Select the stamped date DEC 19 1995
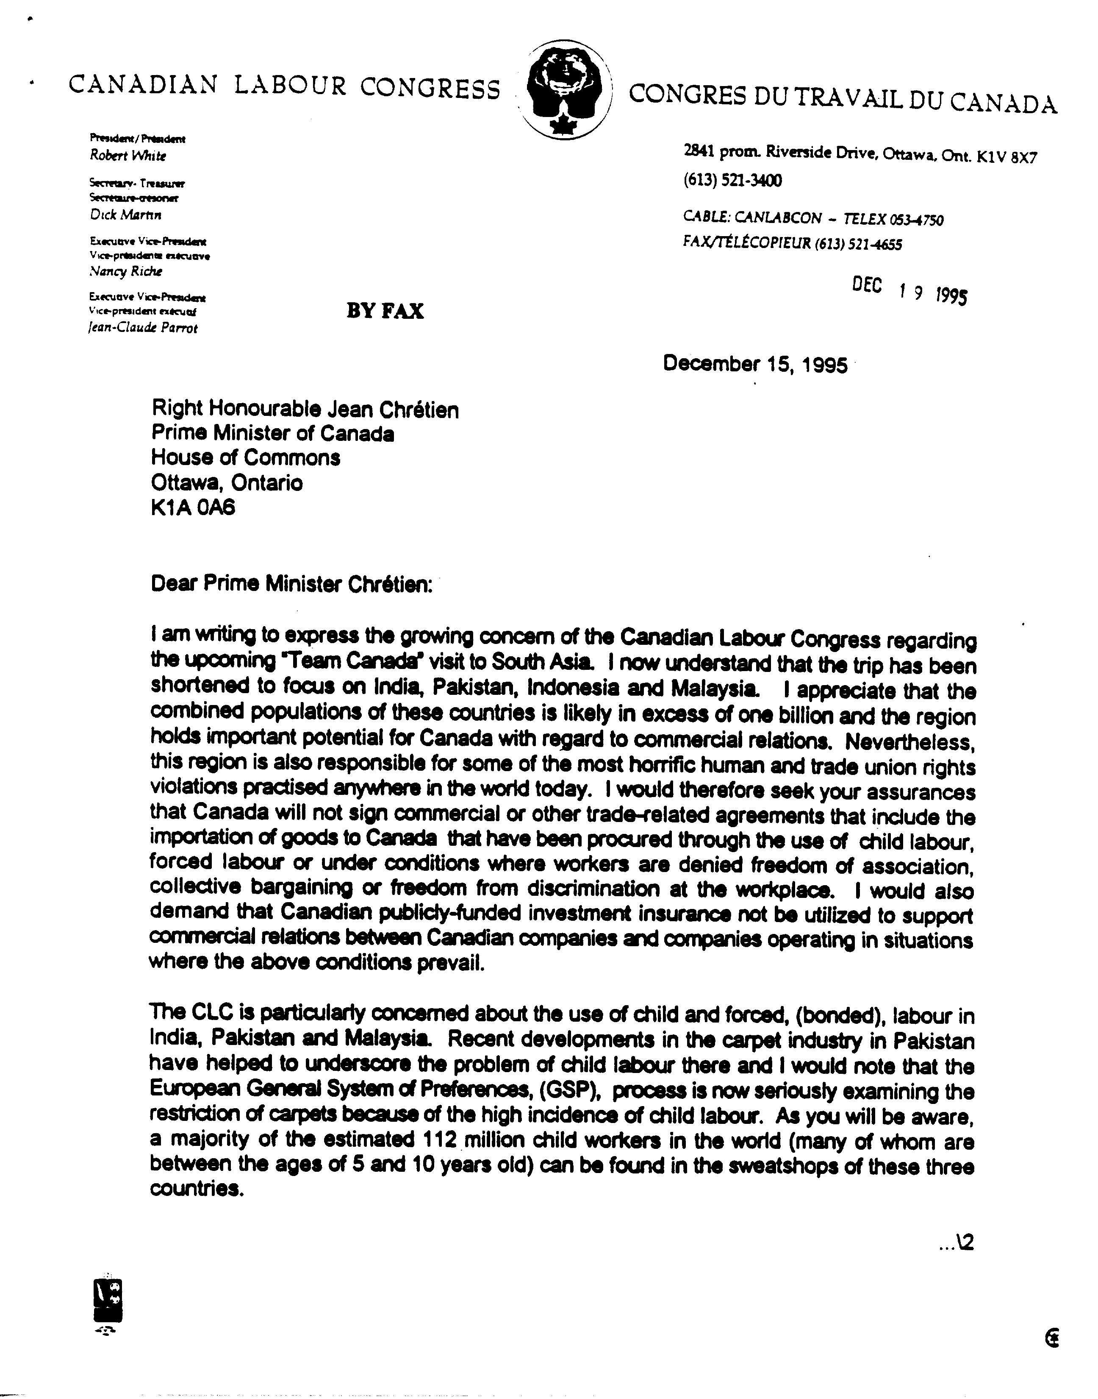point(909,291)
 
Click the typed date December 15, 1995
point(755,364)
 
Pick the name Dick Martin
point(125,215)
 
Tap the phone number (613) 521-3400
point(732,181)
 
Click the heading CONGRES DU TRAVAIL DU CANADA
point(842,98)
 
